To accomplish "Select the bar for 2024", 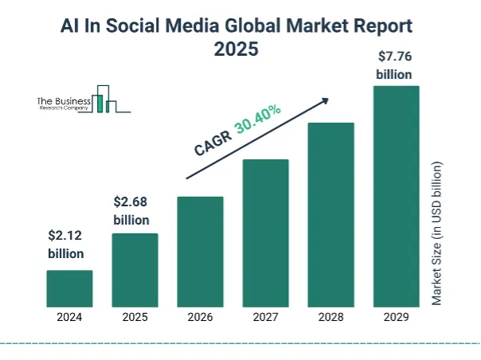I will tap(69, 288).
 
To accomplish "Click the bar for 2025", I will tap(135, 269).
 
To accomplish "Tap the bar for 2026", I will tap(200, 251).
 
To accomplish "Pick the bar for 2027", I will tap(265, 233).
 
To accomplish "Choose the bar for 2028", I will tap(330, 214).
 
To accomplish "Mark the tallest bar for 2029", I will tap(396, 195).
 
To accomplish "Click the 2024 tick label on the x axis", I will tap(69, 317).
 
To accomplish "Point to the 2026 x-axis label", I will tap(200, 317).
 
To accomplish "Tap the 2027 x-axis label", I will tap(265, 317).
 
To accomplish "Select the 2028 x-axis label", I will tap(330, 317).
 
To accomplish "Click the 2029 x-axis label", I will tap(396, 317).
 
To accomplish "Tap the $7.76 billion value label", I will tap(394, 65).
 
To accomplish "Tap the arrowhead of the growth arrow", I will tap(325, 100).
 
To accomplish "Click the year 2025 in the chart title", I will tap(237, 49).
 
